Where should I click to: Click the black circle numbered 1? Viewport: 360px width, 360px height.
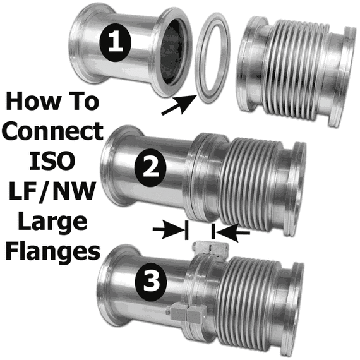(115, 43)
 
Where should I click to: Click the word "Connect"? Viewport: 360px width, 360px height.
(52, 131)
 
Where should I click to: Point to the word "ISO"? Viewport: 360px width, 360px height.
(52, 160)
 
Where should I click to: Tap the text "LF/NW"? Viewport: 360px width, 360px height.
(52, 192)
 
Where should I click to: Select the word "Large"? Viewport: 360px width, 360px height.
(52, 222)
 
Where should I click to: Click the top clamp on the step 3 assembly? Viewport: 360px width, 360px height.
(210, 249)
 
